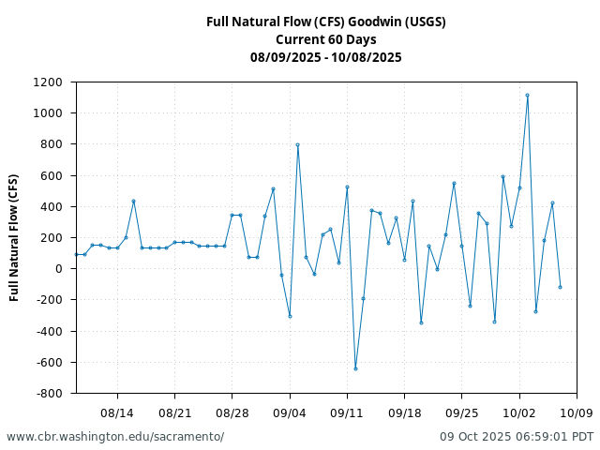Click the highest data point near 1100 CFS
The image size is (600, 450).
(527, 95)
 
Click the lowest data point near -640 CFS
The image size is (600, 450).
(355, 368)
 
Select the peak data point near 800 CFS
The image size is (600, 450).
(297, 145)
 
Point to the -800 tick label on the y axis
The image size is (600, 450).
(50, 393)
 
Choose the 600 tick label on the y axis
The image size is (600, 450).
(53, 175)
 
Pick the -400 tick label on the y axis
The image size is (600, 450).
(50, 331)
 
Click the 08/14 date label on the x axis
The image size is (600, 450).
(117, 412)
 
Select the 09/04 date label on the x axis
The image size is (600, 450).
(290, 412)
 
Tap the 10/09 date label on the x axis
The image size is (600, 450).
(577, 412)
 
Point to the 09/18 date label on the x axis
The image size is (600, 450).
(404, 412)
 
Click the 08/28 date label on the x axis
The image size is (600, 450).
(232, 412)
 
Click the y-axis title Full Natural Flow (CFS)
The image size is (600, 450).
(14, 237)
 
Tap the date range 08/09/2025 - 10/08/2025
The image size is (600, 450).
(325, 57)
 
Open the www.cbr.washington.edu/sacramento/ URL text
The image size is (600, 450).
(115, 437)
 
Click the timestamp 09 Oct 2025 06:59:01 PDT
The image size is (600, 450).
(517, 437)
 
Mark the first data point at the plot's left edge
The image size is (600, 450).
(76, 254)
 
